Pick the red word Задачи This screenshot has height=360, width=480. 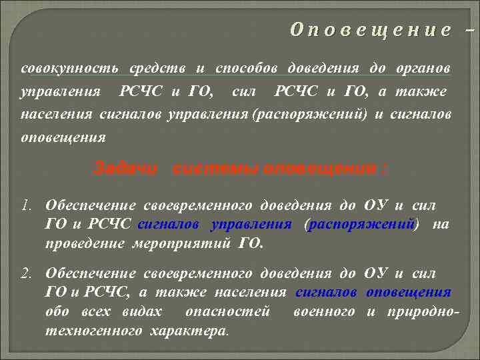(126, 167)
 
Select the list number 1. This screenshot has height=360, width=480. (27, 206)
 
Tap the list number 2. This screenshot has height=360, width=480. (27, 273)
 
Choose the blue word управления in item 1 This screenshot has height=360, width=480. (251, 225)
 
